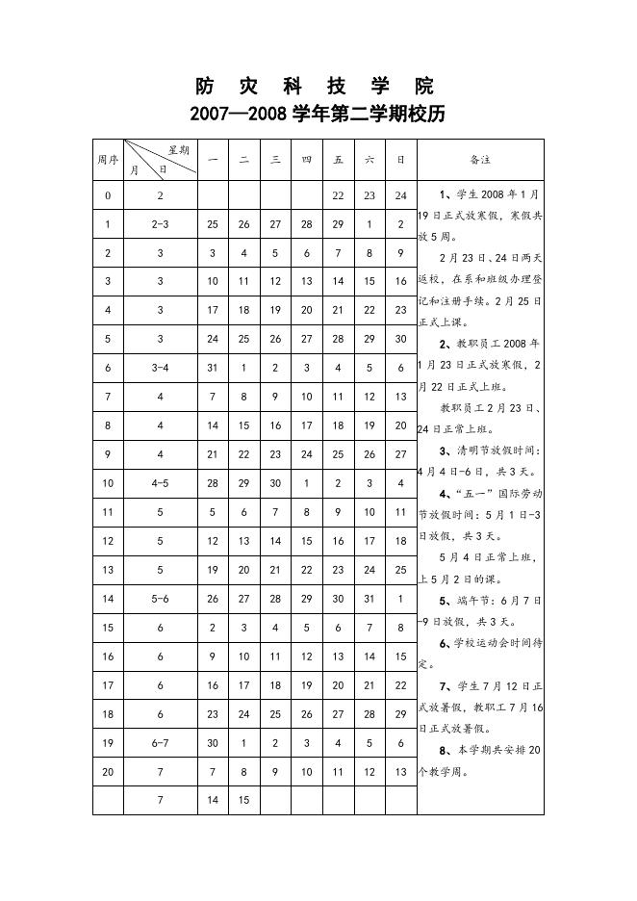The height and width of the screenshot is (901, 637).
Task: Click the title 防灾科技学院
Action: click(x=318, y=84)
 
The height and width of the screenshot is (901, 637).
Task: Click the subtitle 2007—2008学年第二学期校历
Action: click(x=318, y=115)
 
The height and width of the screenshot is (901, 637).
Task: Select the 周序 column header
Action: click(x=108, y=159)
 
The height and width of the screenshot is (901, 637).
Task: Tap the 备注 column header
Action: click(x=480, y=159)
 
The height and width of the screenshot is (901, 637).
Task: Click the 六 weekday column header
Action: click(x=369, y=159)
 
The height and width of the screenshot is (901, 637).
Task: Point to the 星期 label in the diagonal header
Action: click(x=178, y=150)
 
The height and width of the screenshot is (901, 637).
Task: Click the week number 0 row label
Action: click(x=108, y=195)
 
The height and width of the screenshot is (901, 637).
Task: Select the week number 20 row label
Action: click(x=108, y=772)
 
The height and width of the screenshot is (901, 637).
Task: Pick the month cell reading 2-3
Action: click(x=161, y=224)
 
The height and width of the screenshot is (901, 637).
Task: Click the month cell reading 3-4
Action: click(x=161, y=368)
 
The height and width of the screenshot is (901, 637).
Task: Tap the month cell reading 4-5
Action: click(x=161, y=483)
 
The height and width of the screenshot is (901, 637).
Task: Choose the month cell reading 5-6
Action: click(x=161, y=599)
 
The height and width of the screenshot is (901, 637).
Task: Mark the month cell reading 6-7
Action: click(x=161, y=743)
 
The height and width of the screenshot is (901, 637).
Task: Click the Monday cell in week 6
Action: click(x=213, y=368)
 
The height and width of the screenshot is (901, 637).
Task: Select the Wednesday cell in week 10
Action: click(x=275, y=483)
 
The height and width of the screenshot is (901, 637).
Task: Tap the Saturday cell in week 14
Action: click(x=369, y=599)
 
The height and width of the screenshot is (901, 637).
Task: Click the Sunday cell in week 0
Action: click(x=401, y=195)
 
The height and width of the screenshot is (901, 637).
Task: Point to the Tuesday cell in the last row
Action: click(x=244, y=800)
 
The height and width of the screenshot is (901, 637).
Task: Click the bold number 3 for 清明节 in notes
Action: click(x=444, y=450)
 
